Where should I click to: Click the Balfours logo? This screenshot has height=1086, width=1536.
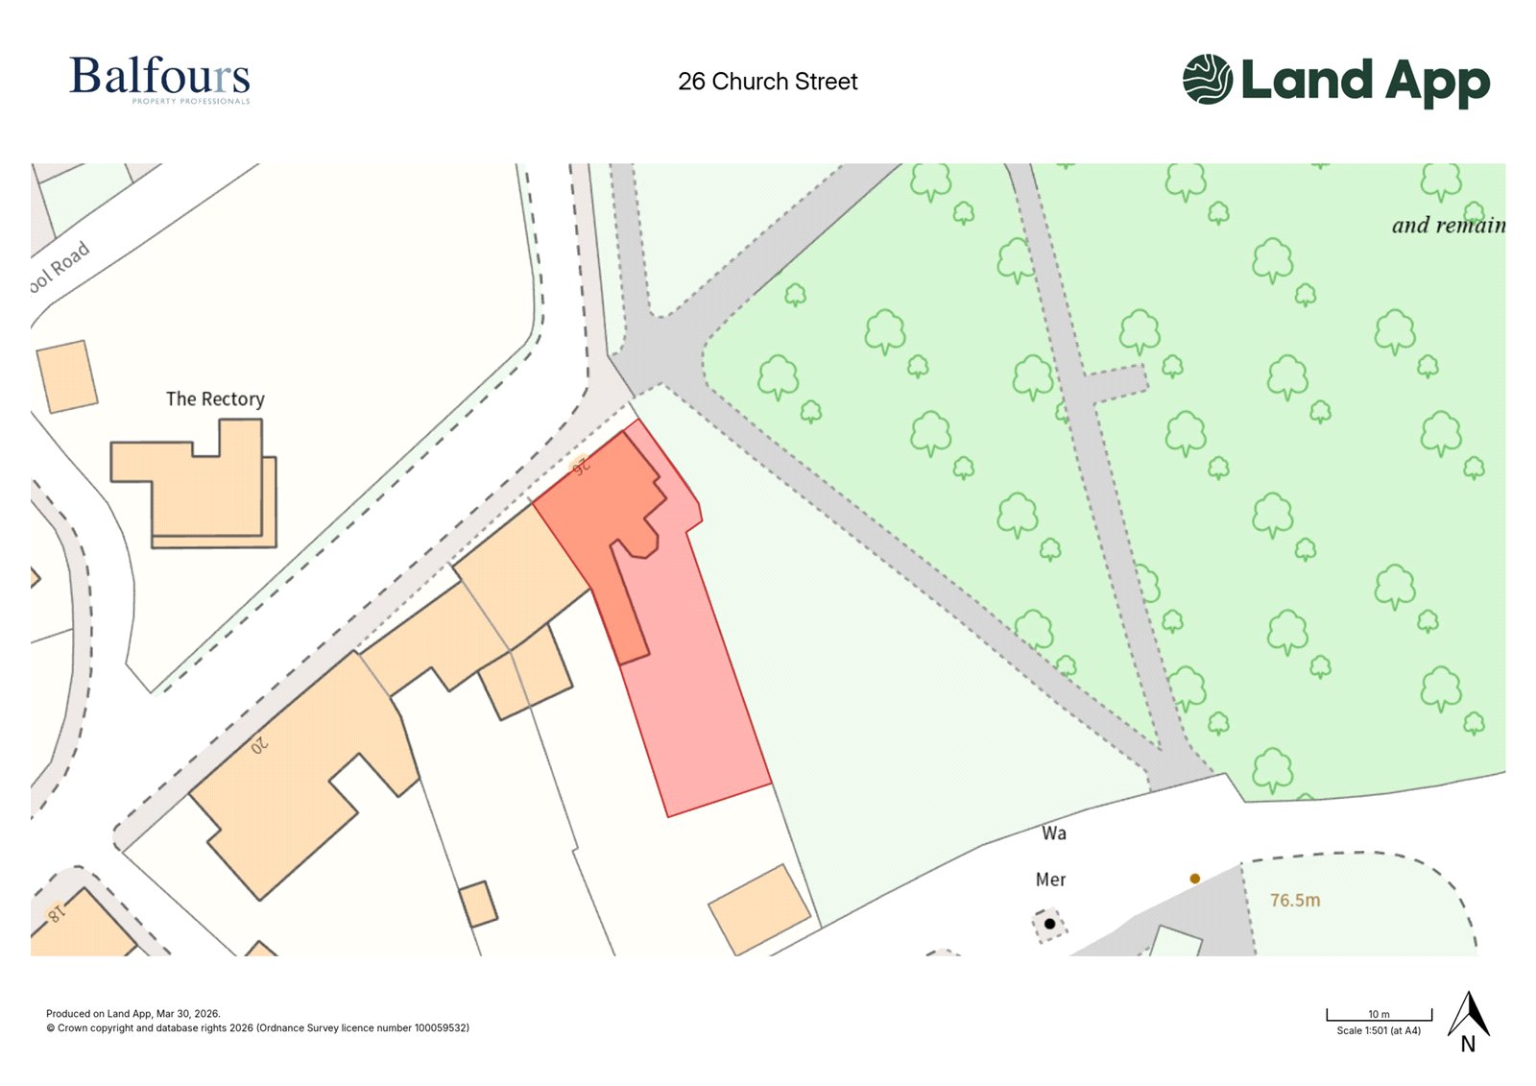159,79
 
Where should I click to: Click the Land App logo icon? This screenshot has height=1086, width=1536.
1207,79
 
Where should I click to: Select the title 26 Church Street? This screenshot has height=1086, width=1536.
767,82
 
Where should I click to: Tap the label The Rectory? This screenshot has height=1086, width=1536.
215,398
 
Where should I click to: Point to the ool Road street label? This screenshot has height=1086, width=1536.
60,266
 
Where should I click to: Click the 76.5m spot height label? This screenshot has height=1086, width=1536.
1294,901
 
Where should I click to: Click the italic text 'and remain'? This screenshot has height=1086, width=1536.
1448,226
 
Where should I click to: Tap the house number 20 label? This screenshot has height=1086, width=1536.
259,745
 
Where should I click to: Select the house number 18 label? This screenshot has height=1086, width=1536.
57,913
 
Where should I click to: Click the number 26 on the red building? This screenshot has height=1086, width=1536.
580,467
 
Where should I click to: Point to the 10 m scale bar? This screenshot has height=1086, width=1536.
1379,1015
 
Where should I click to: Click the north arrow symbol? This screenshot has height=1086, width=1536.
1469,1016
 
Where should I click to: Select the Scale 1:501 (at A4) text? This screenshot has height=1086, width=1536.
1378,1030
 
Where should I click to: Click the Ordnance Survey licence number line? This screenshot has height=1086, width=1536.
257,1028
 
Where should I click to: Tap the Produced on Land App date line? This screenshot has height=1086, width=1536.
132,1014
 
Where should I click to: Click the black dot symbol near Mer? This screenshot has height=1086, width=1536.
1049,925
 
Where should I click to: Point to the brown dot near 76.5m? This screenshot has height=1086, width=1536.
1194,879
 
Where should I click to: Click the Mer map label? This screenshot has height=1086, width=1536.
1050,880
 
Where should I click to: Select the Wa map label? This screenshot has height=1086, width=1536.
1053,833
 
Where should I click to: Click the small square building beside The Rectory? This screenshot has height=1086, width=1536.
67,376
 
